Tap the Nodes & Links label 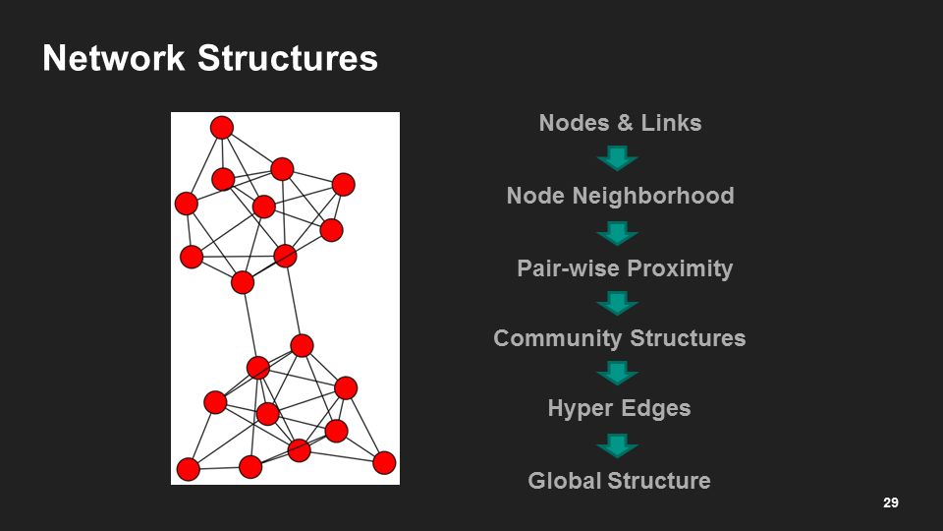[620, 123]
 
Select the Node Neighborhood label [620, 196]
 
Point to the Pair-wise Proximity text [625, 268]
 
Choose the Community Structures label [619, 338]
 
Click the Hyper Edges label [619, 408]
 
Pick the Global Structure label [619, 481]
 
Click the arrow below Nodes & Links [618, 158]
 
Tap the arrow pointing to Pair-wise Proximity [618, 233]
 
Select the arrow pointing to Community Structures [618, 303]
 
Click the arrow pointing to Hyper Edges [618, 374]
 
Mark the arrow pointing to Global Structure [618, 445]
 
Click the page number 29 [891, 503]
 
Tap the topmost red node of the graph [222, 128]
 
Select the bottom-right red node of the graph [384, 462]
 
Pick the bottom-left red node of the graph [189, 469]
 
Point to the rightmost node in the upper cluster [343, 185]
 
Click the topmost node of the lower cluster [302, 345]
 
